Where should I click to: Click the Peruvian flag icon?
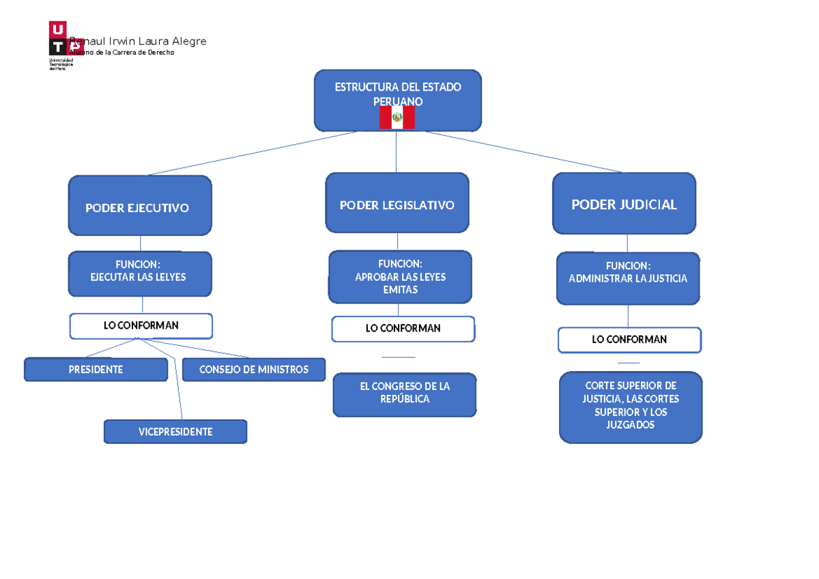pos(397,118)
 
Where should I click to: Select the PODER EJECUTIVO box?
pos(139,206)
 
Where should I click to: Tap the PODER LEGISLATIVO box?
pos(397,203)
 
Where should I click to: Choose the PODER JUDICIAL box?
pos(624,203)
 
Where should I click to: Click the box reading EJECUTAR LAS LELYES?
pos(139,273)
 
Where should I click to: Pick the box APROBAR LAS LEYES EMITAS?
pos(400,277)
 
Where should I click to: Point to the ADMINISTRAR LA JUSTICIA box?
pos(628,278)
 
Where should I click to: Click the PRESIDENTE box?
pos(96,370)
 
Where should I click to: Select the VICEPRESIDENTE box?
pos(175,432)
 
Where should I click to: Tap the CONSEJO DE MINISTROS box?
pos(253,370)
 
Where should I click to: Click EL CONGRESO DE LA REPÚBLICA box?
pos(405,394)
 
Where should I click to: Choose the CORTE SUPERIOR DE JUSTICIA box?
pos(631,406)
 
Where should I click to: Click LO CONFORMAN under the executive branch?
pos(141,326)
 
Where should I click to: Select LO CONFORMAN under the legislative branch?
pos(403,329)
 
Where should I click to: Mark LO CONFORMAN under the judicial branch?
pos(629,340)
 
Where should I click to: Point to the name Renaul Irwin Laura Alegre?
pos(143,42)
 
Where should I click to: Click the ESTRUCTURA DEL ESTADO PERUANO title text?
pos(397,94)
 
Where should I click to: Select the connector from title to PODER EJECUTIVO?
pos(253,153)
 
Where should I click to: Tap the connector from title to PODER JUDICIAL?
pos(526,152)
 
